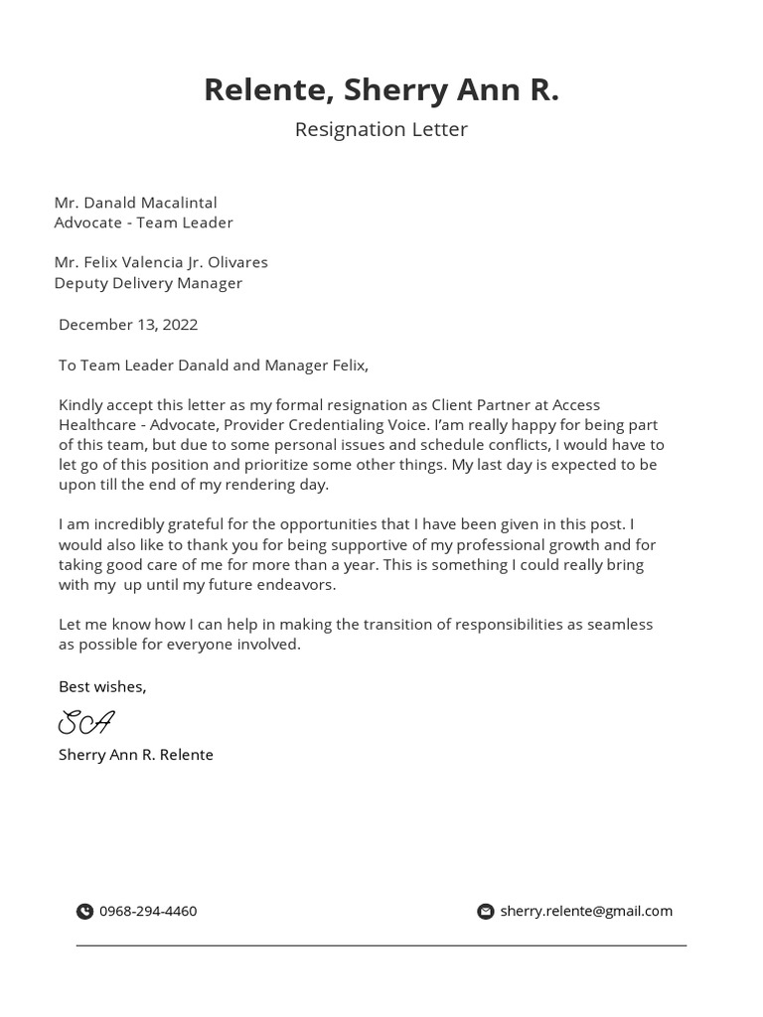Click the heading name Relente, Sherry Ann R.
pyautogui.click(x=381, y=89)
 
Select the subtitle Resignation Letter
pyautogui.click(x=381, y=129)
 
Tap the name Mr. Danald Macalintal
pyautogui.click(x=135, y=203)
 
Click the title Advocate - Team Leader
pyautogui.click(x=143, y=222)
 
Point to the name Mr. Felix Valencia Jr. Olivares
pyautogui.click(x=161, y=262)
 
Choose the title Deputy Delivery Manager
pyautogui.click(x=148, y=283)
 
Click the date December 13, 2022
pyautogui.click(x=128, y=325)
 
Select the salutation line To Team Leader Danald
pyautogui.click(x=213, y=365)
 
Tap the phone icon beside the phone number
pyautogui.click(x=84, y=912)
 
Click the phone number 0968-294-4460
pyautogui.click(x=148, y=911)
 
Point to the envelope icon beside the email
pyautogui.click(x=486, y=912)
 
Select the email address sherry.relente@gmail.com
pyautogui.click(x=586, y=911)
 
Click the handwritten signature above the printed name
pyautogui.click(x=86, y=722)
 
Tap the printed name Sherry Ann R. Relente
pyautogui.click(x=136, y=755)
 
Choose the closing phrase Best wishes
pyautogui.click(x=102, y=686)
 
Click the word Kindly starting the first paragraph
pyautogui.click(x=80, y=405)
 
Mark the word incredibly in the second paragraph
pyautogui.click(x=130, y=524)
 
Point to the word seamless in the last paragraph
pyautogui.click(x=619, y=625)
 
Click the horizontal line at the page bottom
pyautogui.click(x=381, y=945)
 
